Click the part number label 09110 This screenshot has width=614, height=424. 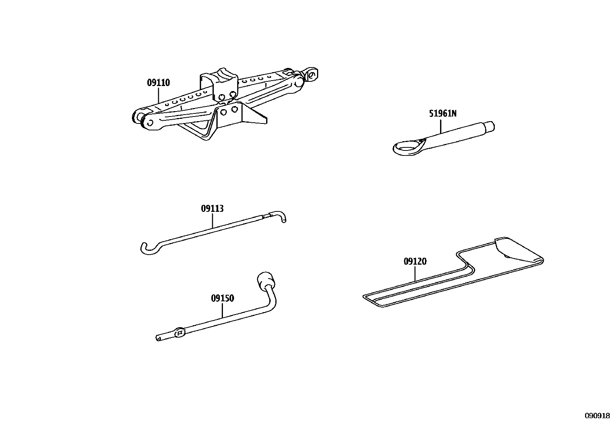[x=158, y=83]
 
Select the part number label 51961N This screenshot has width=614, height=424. [x=442, y=114]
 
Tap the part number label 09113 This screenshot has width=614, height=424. [x=212, y=209]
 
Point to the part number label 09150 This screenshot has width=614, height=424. [x=222, y=298]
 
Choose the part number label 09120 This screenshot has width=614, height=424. [x=415, y=262]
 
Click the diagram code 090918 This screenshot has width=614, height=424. [x=597, y=416]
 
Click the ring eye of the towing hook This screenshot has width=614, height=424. [x=407, y=147]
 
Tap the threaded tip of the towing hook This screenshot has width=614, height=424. [x=489, y=126]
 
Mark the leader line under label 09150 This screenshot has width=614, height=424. [x=223, y=310]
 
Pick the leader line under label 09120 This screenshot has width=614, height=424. [x=415, y=274]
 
